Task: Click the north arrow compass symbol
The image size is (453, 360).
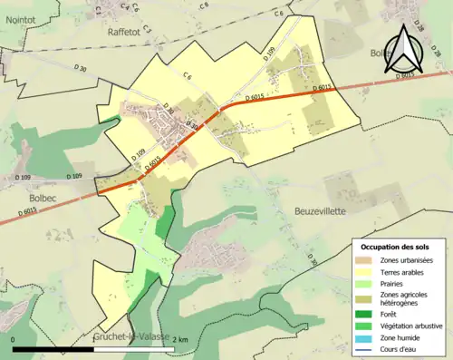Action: [403, 51]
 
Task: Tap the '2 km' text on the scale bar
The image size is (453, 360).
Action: [180, 339]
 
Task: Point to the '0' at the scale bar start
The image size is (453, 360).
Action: [14, 339]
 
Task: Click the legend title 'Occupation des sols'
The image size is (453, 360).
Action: [395, 247]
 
